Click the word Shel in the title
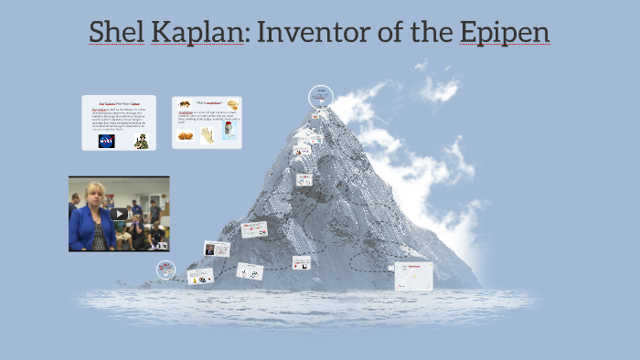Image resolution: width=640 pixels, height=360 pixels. pos(113,33)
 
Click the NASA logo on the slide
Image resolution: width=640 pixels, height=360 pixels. pos(107,141)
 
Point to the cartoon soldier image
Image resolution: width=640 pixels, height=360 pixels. pos(141,141)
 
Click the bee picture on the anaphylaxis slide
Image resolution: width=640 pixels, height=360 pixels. pos(185,105)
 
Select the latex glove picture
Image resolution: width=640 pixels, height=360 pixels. pos(208,134)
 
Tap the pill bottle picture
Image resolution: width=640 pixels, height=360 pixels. pos(229,132)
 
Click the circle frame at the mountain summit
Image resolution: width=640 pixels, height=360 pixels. pos(320,95)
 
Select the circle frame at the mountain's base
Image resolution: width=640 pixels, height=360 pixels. pos(165,269)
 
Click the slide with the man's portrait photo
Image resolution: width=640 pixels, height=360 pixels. pos(216,249)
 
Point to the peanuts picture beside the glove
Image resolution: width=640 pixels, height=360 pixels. pos(184,136)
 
